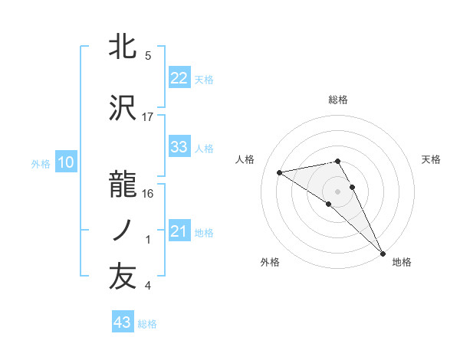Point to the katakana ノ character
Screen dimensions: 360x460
tap(123, 230)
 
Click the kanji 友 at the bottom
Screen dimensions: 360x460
tap(123, 277)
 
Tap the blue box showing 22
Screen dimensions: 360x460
tap(179, 78)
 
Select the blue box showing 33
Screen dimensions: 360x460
tap(179, 147)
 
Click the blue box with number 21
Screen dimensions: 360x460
tap(179, 231)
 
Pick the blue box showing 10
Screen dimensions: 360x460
tap(65, 162)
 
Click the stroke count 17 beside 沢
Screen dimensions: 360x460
tap(148, 117)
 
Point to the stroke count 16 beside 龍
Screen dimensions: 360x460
tap(148, 195)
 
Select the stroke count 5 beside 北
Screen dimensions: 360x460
tap(148, 56)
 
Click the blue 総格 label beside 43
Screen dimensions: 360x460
tap(147, 324)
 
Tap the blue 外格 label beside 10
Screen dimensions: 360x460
tap(41, 163)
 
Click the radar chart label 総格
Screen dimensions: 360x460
tap(337, 100)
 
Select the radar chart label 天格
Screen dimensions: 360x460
tap(432, 159)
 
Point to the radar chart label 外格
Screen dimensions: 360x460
tap(270, 262)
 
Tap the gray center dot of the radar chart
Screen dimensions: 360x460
tap(337, 191)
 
